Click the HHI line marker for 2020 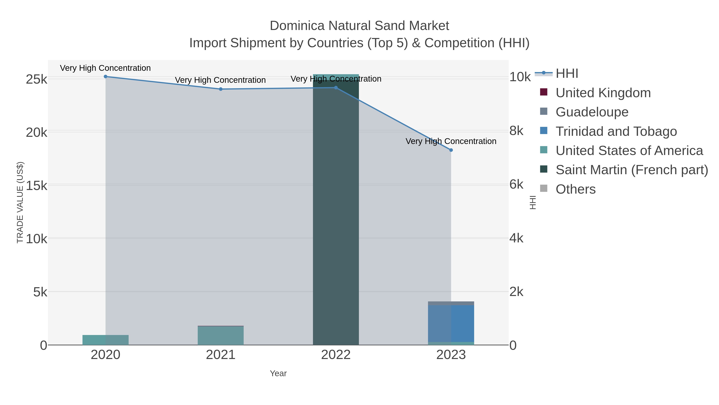[x=105, y=77]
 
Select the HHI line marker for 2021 [x=220, y=89]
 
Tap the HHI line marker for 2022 [x=336, y=88]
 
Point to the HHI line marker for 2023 [x=451, y=150]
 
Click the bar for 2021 [x=220, y=335]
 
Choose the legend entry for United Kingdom [x=603, y=93]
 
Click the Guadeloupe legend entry [x=592, y=112]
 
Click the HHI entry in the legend [x=567, y=74]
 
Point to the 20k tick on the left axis [x=37, y=132]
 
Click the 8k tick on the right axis [x=516, y=131]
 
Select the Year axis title [x=278, y=373]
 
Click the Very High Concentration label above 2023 [x=451, y=141]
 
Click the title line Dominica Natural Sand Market [x=359, y=26]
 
